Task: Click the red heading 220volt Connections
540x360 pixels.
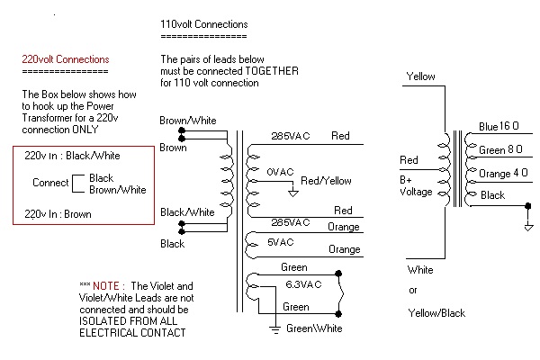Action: click(66, 59)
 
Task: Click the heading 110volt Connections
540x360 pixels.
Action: click(204, 23)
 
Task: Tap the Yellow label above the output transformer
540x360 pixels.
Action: click(421, 76)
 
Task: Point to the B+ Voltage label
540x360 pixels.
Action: click(417, 185)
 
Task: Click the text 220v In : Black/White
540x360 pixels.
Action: click(72, 156)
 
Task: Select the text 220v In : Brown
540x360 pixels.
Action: click(58, 213)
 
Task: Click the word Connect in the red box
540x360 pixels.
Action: click(50, 183)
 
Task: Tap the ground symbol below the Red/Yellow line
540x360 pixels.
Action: click(292, 192)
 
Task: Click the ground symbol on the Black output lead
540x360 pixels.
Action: click(527, 226)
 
